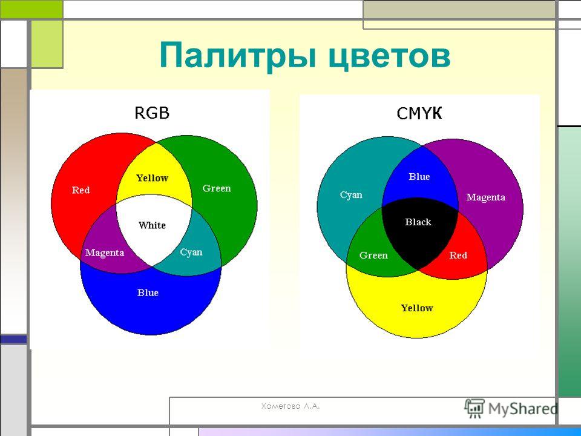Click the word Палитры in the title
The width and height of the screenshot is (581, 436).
238,56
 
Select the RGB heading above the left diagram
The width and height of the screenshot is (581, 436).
152,113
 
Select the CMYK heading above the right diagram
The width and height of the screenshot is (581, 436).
419,113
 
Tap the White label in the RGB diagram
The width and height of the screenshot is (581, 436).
152,225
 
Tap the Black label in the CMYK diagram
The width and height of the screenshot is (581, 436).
418,222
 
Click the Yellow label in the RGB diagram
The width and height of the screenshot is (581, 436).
153,178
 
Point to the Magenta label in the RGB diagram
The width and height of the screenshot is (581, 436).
105,253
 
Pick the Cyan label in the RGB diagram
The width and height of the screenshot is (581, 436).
191,253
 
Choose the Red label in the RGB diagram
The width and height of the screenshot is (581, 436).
80,190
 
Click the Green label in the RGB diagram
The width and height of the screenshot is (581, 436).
217,188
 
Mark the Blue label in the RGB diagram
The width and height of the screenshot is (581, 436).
148,292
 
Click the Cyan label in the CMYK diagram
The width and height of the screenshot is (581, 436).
351,195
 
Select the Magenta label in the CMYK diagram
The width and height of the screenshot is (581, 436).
486,197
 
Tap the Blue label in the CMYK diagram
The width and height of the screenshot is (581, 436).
419,176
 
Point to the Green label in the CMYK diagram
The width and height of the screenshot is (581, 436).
373,255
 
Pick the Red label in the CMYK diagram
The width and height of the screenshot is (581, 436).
458,255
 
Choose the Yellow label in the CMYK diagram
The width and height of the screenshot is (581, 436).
417,308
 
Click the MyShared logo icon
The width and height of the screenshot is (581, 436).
474,408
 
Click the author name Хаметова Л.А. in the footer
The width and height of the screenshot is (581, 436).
290,406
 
